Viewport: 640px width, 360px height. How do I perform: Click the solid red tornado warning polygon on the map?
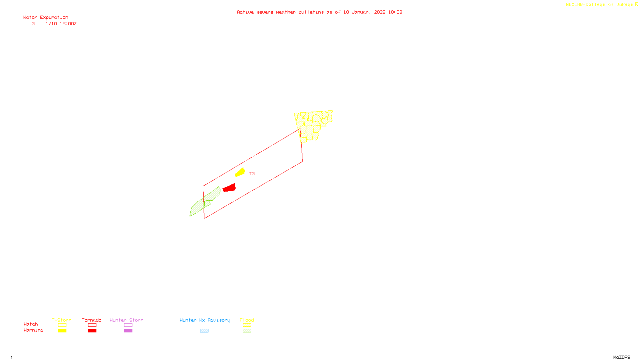click(x=229, y=188)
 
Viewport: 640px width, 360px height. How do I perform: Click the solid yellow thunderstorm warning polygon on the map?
click(x=240, y=172)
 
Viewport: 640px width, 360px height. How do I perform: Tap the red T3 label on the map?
click(x=252, y=174)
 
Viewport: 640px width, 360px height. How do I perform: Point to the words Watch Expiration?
click(x=46, y=18)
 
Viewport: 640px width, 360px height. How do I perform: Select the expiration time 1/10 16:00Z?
click(x=61, y=24)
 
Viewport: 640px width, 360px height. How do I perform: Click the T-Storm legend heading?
click(x=62, y=320)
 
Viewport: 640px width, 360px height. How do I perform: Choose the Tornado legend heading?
click(x=92, y=320)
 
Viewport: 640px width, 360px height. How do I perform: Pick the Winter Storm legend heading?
click(x=126, y=320)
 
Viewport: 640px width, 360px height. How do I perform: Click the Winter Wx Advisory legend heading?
click(x=205, y=320)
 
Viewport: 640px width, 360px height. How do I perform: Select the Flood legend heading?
click(x=247, y=320)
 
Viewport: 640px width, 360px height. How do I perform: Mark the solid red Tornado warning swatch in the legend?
click(x=92, y=330)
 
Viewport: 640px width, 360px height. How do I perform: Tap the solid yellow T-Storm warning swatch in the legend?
click(x=62, y=330)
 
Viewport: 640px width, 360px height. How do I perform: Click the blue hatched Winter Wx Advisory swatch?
click(x=204, y=330)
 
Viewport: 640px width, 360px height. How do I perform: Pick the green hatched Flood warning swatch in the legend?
click(x=247, y=330)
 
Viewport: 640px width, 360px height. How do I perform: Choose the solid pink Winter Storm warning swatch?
click(x=128, y=330)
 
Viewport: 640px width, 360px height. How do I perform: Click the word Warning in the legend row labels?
click(x=33, y=330)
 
